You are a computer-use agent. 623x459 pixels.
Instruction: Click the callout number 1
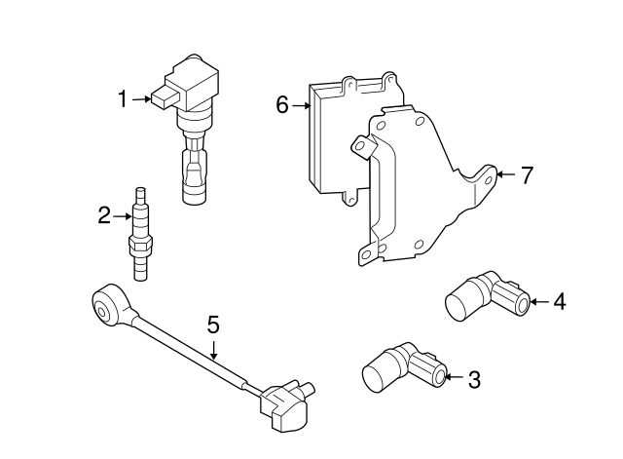pyautogui.click(x=124, y=99)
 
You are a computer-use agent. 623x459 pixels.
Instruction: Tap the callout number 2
pyautogui.click(x=104, y=215)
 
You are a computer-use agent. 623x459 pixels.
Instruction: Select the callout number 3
pyautogui.click(x=474, y=379)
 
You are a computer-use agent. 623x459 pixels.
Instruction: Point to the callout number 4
pyautogui.click(x=560, y=301)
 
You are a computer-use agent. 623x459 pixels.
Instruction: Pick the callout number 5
pyautogui.click(x=213, y=325)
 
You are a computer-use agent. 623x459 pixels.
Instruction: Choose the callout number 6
pyautogui.click(x=282, y=105)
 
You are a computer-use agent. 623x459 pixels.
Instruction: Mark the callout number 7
pyautogui.click(x=527, y=175)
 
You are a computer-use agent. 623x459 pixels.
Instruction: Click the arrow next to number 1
pyautogui.click(x=141, y=99)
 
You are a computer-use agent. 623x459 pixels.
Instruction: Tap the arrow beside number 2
pyautogui.click(x=122, y=216)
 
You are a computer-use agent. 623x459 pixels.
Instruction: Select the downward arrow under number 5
pyautogui.click(x=214, y=351)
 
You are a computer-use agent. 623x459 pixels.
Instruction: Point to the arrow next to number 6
pyautogui.click(x=301, y=105)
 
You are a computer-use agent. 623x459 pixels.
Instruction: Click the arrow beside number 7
pyautogui.click(x=506, y=174)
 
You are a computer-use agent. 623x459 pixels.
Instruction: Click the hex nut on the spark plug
pyautogui.click(x=140, y=243)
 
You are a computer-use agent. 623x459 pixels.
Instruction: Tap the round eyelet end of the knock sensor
pyautogui.click(x=103, y=307)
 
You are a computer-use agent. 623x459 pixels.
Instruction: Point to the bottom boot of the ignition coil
pyautogui.click(x=195, y=175)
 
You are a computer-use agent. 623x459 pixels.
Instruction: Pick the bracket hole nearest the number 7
pyautogui.click(x=488, y=181)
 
